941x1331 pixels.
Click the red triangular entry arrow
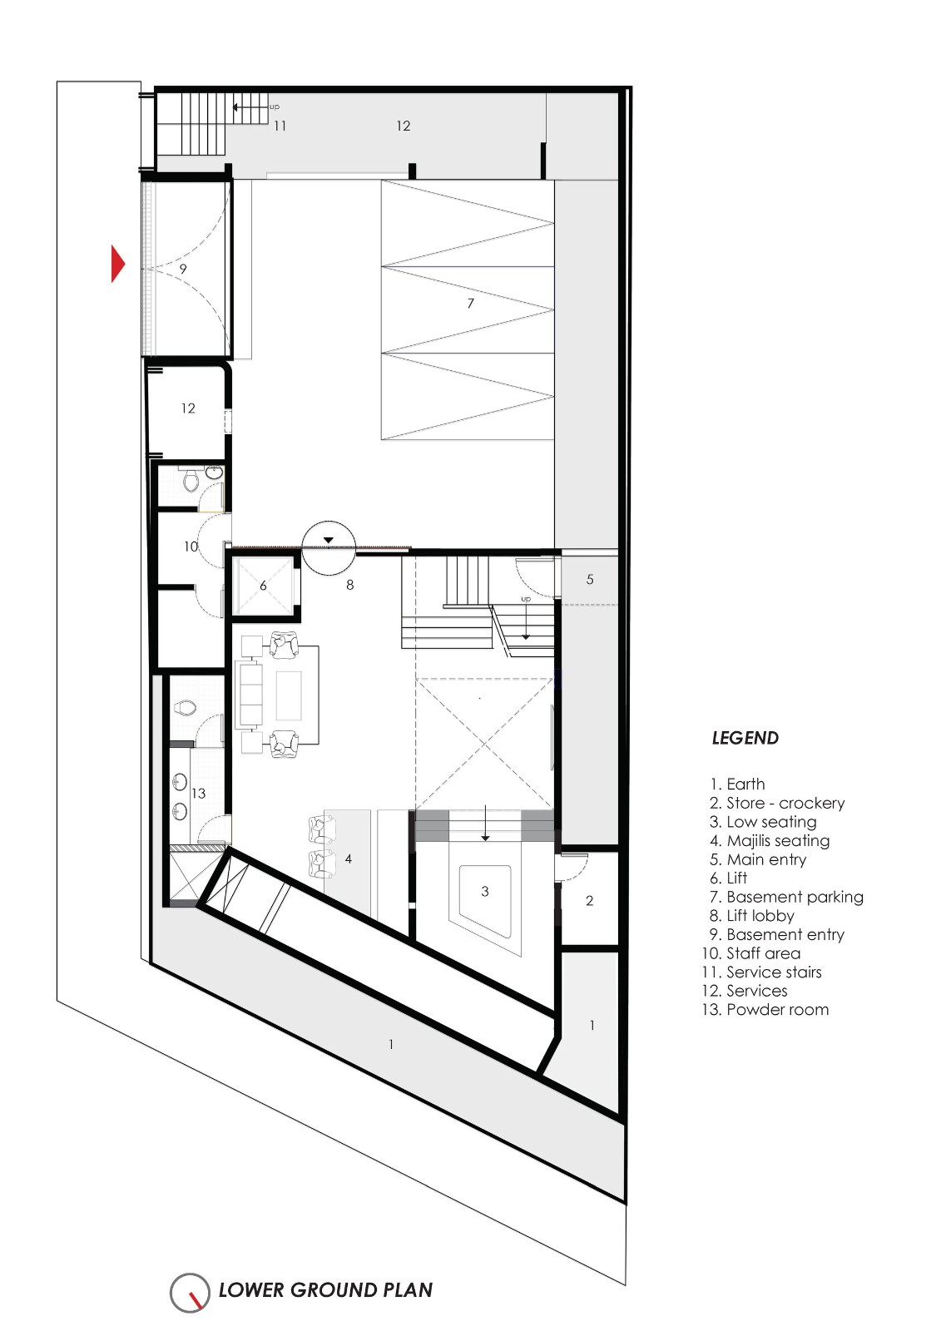coord(117,265)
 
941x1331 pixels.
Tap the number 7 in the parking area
coord(470,304)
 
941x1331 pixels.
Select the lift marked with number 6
coord(263,586)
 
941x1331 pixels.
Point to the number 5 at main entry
coord(590,580)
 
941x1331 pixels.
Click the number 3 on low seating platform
coord(485,892)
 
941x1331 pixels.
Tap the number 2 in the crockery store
coord(590,901)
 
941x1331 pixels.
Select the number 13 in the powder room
coord(198,794)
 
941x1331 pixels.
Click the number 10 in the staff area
coord(191,547)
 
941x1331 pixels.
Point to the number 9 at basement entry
coord(183,269)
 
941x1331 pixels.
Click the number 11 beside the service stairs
coord(280,126)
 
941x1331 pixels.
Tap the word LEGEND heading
coord(745,738)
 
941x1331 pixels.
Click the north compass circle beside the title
coord(191,1293)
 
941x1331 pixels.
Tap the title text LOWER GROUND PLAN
coord(325,1290)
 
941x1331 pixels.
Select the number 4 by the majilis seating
coord(349,858)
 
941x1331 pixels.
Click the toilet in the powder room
coord(186,709)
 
